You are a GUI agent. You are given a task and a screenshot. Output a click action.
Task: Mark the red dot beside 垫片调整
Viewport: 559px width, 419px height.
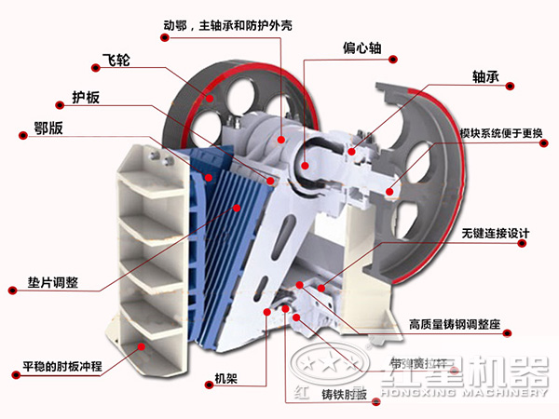coord(13,291)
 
